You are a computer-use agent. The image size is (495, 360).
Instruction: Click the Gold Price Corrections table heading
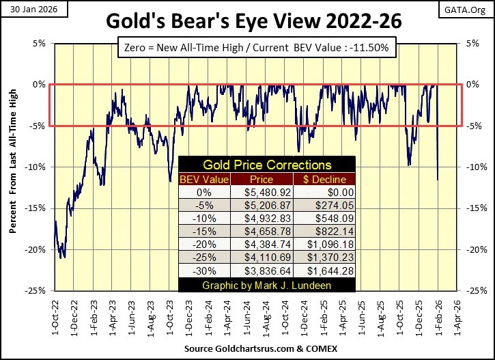266,165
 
